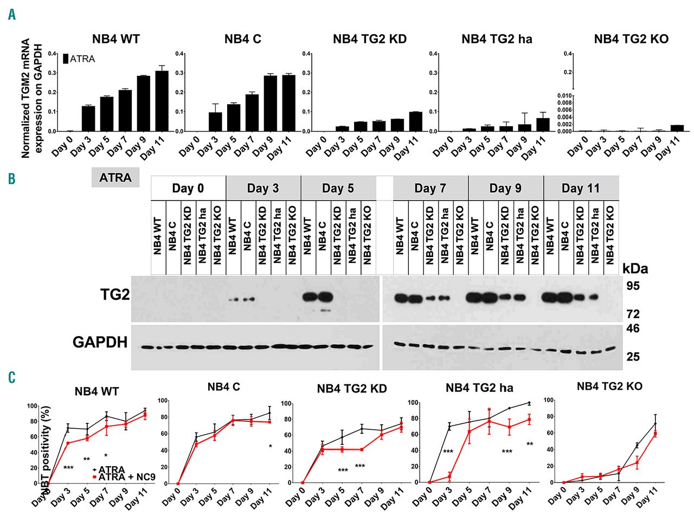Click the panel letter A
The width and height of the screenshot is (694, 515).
click(x=12, y=15)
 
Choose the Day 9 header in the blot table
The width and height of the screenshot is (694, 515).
click(x=505, y=189)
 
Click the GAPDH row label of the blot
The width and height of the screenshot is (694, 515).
click(x=100, y=343)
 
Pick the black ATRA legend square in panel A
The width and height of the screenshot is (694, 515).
click(x=66, y=59)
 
